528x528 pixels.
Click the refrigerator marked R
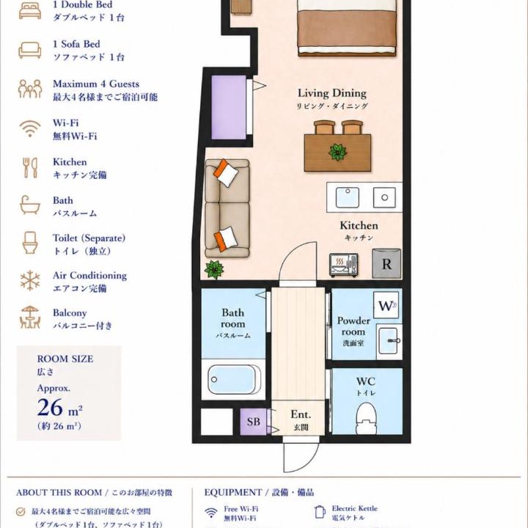tap(386, 263)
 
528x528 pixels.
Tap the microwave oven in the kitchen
tap(344, 265)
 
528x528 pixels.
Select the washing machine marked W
tap(386, 305)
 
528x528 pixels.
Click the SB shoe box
tap(253, 422)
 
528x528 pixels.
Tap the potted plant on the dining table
tap(338, 153)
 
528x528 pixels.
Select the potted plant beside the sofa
tap(214, 269)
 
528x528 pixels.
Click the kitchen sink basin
tap(347, 197)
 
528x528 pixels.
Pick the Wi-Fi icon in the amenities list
tap(30, 129)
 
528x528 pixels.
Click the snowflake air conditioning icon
tap(30, 280)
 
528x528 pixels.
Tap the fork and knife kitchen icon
tap(30, 168)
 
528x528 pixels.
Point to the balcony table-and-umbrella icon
tap(30, 318)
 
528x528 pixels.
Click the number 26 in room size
tap(50, 408)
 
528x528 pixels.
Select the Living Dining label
tap(332, 93)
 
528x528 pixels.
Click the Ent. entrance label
tap(301, 414)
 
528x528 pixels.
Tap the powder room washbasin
tap(389, 341)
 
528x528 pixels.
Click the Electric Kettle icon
tap(319, 512)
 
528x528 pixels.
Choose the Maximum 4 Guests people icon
tap(30, 89)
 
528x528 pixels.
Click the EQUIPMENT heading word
tap(232, 493)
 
